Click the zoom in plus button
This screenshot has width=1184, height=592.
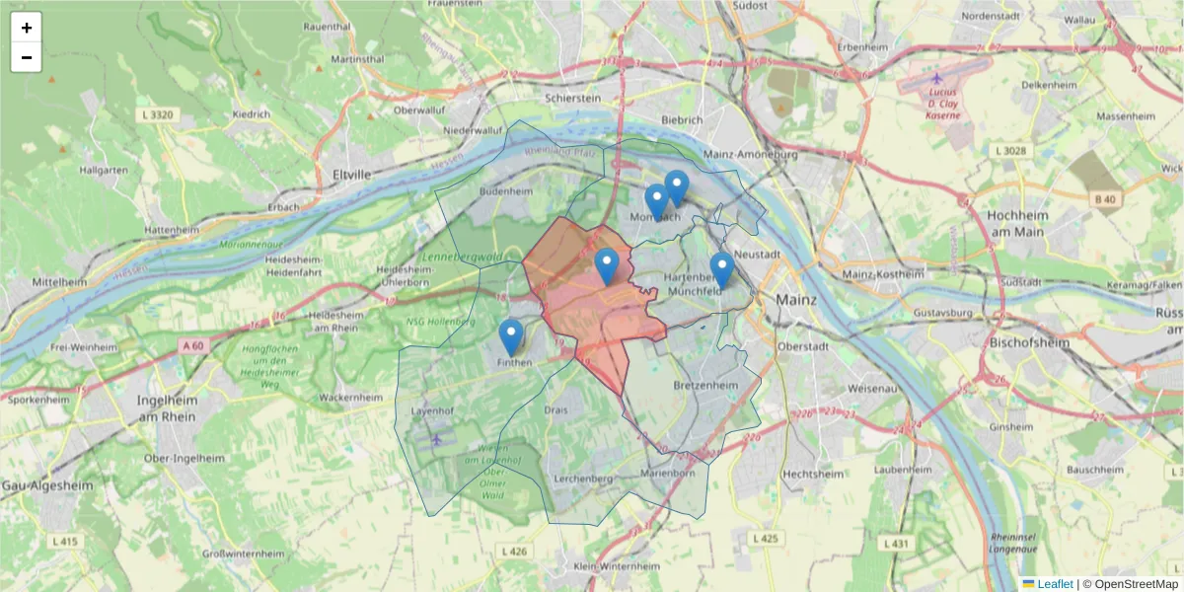pyautogui.click(x=27, y=28)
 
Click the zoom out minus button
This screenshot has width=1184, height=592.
pyautogui.click(x=27, y=57)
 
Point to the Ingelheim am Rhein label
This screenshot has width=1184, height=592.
pyautogui.click(x=168, y=408)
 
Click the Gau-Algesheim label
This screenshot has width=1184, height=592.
pyautogui.click(x=39, y=487)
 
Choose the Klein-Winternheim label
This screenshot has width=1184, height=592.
pyautogui.click(x=616, y=566)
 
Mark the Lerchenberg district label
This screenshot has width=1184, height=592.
pyautogui.click(x=583, y=479)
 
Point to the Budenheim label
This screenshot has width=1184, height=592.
pyautogui.click(x=504, y=190)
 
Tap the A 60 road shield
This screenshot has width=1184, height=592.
pyautogui.click(x=195, y=345)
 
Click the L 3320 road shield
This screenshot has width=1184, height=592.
pyautogui.click(x=157, y=115)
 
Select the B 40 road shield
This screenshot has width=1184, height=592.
pyautogui.click(x=1105, y=199)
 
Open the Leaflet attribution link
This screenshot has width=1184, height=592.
pyautogui.click(x=1055, y=584)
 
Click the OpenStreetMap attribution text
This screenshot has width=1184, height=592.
pyautogui.click(x=1136, y=584)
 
